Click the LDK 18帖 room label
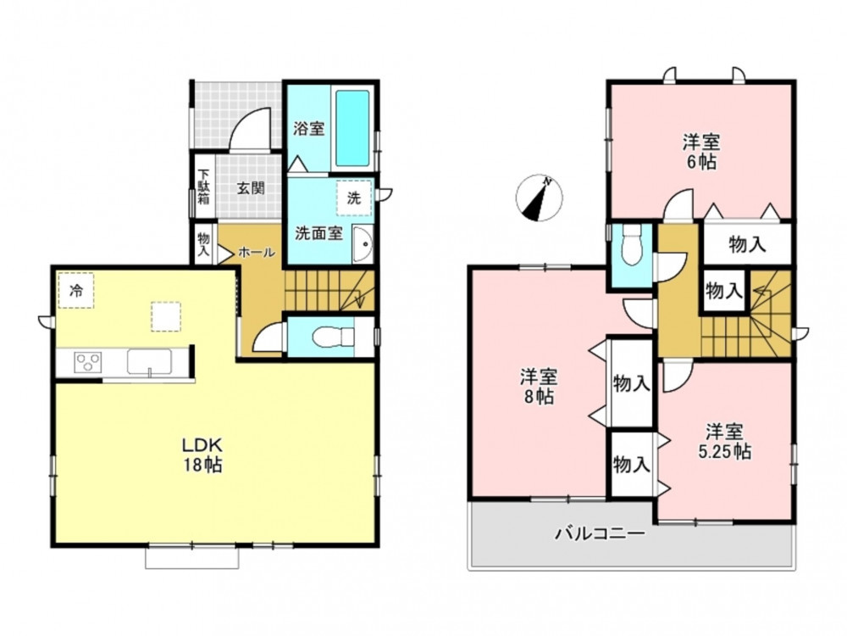[202, 455]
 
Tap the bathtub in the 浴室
[352, 128]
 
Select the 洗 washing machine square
[354, 198]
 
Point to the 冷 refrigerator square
[75, 290]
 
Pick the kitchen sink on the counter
[149, 361]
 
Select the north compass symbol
[539, 198]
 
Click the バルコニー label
[601, 534]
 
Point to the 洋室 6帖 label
[701, 152]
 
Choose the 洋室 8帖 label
[539, 386]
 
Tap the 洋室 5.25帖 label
[724, 442]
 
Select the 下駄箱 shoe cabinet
[203, 187]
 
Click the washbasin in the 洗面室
[363, 244]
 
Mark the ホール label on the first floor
[257, 252]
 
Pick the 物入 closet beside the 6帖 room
[747, 244]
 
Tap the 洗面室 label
[318, 234]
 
